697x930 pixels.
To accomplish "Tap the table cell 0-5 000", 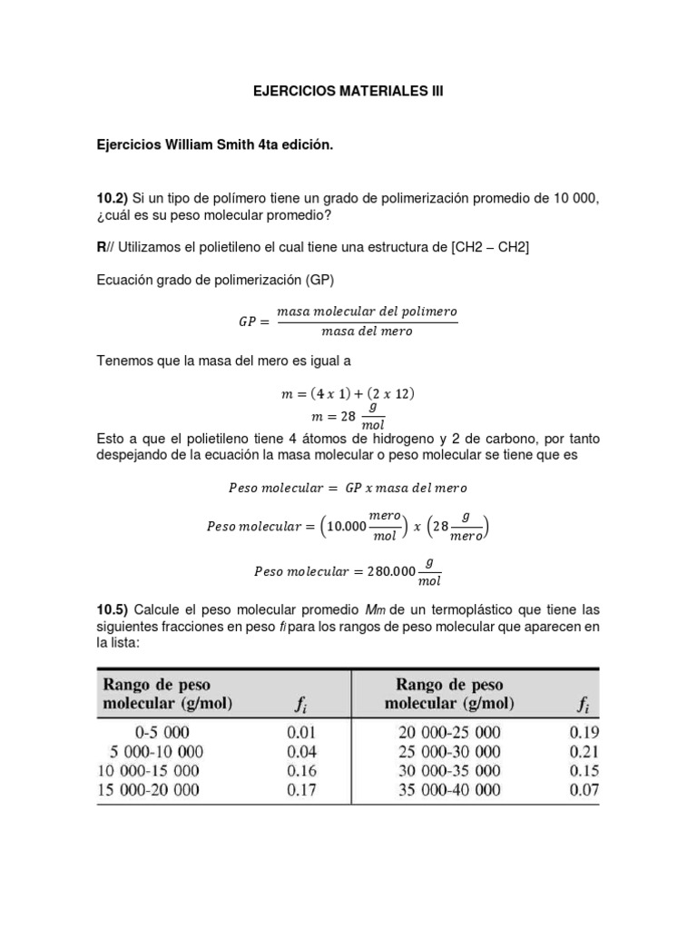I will coord(163,732).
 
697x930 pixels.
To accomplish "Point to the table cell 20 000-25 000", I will coord(449,732).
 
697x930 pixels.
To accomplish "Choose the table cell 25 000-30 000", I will coord(449,751).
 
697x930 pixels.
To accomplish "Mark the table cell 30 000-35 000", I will coord(449,770).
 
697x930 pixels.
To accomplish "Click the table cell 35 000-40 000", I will coord(449,789).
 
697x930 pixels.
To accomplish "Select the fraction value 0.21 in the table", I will coord(584,751).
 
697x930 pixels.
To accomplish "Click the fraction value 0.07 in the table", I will coord(584,789).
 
